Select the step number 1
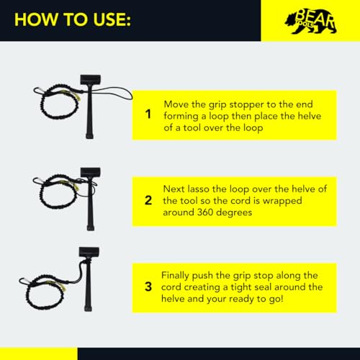[x=148, y=114]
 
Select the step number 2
[x=148, y=201]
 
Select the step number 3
[x=148, y=287]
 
